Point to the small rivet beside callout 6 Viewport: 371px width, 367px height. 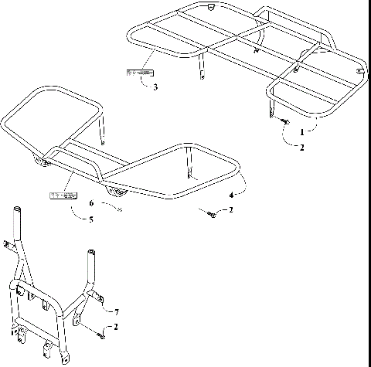(121, 209)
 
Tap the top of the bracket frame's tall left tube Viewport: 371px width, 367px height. (16, 210)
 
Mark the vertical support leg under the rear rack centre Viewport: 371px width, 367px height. (203, 66)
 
